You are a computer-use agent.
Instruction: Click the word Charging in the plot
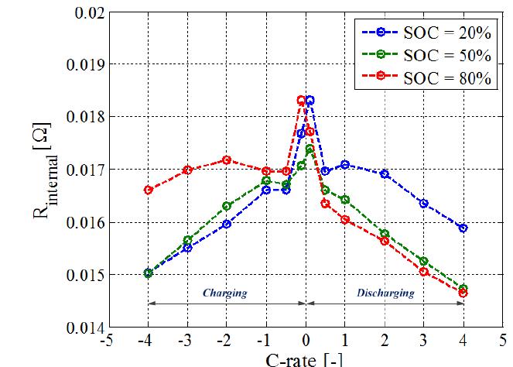224,293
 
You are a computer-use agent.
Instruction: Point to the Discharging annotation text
385,293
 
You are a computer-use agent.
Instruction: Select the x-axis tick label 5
503,341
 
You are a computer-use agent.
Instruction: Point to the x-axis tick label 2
385,341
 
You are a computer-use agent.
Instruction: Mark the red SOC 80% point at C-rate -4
149,190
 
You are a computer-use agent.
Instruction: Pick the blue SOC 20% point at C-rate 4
463,228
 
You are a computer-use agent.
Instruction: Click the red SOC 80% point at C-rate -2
227,160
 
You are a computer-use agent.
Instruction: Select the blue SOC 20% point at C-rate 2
385,173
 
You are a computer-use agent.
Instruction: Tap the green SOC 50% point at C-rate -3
187,240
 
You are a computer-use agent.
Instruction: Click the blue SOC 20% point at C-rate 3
423,203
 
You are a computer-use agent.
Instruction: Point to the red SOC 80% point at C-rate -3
187,170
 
